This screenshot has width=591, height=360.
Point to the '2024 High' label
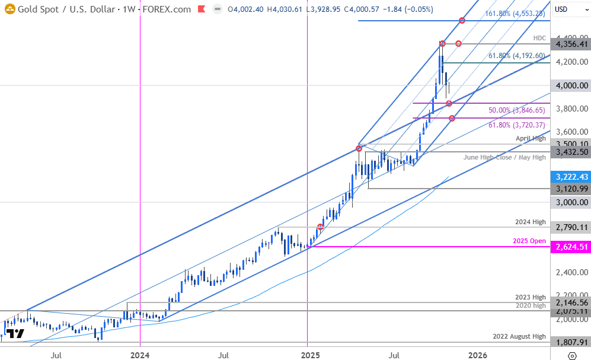531,222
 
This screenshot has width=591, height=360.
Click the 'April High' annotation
531,138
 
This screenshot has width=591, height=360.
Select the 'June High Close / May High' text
505,157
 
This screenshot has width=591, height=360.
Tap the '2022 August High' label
519,336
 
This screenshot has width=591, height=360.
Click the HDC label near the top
539,38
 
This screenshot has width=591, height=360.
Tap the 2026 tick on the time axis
478,355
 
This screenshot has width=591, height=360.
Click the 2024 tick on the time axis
140,355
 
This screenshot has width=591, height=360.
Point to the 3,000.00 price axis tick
570,202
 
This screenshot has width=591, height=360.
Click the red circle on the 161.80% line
462,21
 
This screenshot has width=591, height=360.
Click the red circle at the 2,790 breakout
321,227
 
